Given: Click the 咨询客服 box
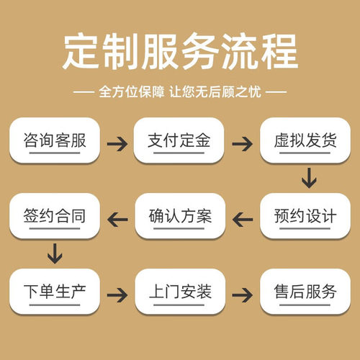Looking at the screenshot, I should point(54,140).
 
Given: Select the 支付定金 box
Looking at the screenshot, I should point(179,140).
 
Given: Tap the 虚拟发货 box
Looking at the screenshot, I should point(305,140).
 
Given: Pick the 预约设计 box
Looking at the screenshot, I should point(305,215).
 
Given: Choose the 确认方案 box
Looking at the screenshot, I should point(179,215).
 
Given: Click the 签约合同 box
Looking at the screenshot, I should point(54,215).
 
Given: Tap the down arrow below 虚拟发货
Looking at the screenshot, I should point(309,177).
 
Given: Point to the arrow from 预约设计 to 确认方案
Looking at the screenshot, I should point(243,216).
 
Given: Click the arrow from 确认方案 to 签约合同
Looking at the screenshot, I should point(117,216).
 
